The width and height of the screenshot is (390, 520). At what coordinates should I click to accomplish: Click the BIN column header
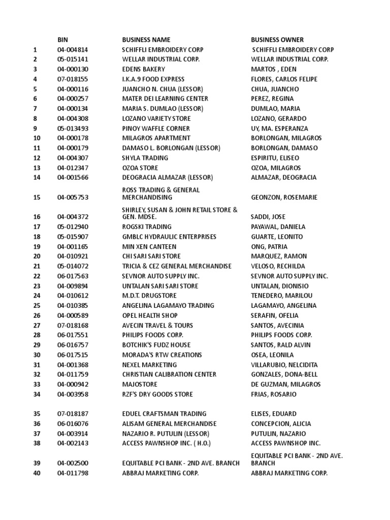[62, 40]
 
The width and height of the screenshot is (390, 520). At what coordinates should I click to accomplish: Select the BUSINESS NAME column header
[146, 40]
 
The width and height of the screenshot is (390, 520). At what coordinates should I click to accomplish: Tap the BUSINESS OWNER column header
[277, 40]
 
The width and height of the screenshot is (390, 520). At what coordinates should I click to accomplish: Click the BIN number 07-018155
[73, 79]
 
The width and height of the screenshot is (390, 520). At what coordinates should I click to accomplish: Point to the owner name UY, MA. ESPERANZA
[279, 128]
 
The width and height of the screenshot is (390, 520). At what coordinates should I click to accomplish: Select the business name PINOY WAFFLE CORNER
[156, 128]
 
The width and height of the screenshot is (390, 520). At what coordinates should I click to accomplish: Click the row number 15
[37, 197]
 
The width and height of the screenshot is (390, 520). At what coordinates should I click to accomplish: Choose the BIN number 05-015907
[73, 237]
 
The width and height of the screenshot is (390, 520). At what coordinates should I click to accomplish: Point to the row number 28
[37, 335]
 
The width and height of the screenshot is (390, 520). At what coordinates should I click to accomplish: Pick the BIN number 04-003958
[73, 394]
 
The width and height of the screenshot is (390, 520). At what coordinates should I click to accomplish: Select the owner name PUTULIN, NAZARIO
[278, 434]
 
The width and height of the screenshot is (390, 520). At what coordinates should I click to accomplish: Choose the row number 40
[37, 473]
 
